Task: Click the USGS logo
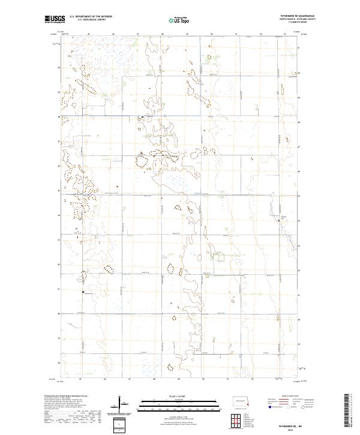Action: (55, 19)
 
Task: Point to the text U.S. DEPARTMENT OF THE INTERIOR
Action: (91, 17)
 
